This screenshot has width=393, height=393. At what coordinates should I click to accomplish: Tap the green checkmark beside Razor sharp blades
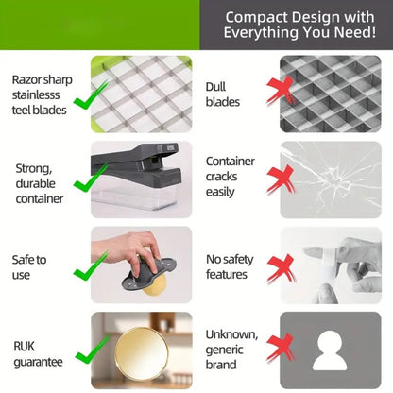(90, 96)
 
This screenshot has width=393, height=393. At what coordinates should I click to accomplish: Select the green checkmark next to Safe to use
(90, 266)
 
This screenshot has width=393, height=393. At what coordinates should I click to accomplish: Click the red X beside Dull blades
(281, 91)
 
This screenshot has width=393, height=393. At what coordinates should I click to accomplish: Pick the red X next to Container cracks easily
(281, 179)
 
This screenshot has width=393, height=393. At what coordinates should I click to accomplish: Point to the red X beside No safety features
(281, 268)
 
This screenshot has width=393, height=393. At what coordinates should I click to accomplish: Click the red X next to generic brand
(281, 348)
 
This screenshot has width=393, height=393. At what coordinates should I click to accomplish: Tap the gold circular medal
(142, 354)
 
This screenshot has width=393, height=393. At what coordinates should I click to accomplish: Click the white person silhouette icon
(330, 350)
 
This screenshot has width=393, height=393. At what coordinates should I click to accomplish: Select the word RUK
(24, 347)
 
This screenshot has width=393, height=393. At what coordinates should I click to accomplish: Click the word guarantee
(38, 362)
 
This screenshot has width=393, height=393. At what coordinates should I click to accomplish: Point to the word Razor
(26, 80)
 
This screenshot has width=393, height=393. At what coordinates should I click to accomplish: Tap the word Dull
(215, 87)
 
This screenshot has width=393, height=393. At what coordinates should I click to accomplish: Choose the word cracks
(222, 177)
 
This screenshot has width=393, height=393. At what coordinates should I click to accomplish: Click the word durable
(36, 183)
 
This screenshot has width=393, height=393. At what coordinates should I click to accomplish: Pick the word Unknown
(231, 334)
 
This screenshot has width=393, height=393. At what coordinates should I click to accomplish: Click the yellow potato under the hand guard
(154, 284)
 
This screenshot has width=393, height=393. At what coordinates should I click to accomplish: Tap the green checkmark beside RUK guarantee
(92, 350)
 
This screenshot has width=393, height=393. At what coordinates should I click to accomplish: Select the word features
(227, 274)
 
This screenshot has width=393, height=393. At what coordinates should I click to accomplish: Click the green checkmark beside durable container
(90, 178)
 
